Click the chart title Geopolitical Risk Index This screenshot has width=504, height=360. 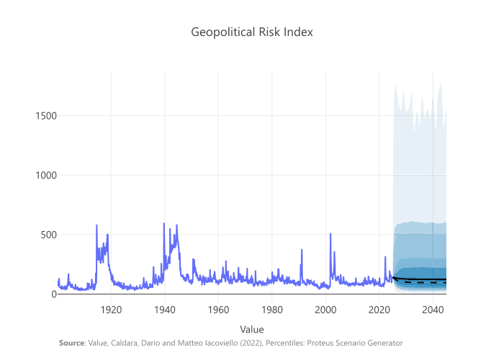tap(252, 32)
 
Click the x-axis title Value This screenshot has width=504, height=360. tap(252, 329)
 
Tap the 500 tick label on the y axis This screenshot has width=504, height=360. tap(47, 235)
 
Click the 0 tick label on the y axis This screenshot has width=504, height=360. tap(53, 294)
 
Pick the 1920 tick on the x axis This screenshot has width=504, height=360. tap(111, 309)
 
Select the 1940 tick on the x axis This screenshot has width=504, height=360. tap(165, 309)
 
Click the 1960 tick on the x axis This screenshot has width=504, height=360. tap(218, 309)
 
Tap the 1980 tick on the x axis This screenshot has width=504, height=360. tap(272, 309)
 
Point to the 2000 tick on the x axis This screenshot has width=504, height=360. tap(325, 309)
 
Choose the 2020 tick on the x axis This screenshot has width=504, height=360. tap(379, 309)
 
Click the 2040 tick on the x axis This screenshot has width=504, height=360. tap(432, 309)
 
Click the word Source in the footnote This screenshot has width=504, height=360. tap(71, 343)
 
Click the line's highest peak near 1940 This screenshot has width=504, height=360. tap(163, 223)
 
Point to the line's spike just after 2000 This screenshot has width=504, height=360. tap(330, 234)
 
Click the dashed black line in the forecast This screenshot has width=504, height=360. tap(425, 282)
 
